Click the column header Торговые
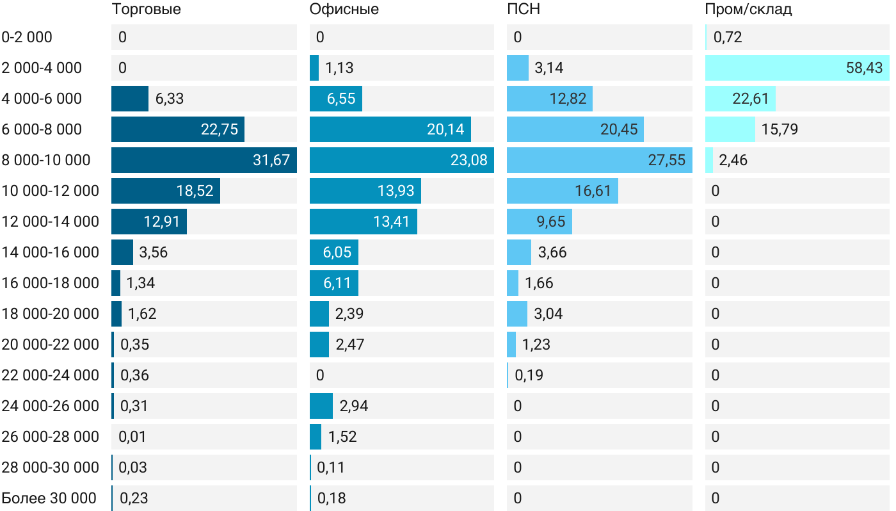[146, 9]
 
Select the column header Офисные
[344, 9]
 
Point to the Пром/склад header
[748, 9]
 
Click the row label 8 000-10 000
[46, 160]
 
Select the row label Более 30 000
[49, 498]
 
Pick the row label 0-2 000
[27, 37]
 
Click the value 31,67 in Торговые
[272, 160]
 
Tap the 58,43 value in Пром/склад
[864, 68]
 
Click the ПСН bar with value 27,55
[599, 160]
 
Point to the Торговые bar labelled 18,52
[165, 191]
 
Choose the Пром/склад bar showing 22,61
[740, 99]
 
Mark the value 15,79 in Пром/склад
[780, 129]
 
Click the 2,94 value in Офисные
[354, 406]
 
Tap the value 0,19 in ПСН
[529, 375]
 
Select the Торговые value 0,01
[132, 437]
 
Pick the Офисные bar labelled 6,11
[333, 283]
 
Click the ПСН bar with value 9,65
[539, 222]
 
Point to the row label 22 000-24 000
[51, 375]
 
